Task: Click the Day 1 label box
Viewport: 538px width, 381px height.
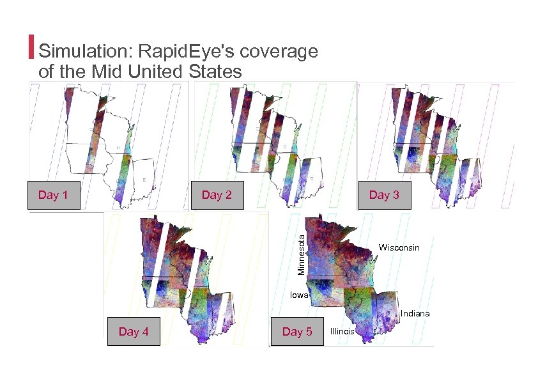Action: pyautogui.click(x=53, y=196)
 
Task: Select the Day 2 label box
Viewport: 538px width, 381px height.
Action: pyautogui.click(x=217, y=196)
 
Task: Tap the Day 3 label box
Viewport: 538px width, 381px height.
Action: pyautogui.click(x=384, y=196)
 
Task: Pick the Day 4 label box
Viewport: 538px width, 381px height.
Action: pyautogui.click(x=133, y=331)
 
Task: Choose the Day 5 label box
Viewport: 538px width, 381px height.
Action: pyautogui.click(x=297, y=331)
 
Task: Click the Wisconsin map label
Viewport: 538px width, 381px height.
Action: pyautogui.click(x=399, y=247)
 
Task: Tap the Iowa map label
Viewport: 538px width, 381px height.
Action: pyautogui.click(x=299, y=295)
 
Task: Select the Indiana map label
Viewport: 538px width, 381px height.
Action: pyautogui.click(x=415, y=314)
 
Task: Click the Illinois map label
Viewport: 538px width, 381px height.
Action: pyautogui.click(x=342, y=331)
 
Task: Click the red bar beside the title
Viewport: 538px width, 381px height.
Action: pyautogui.click(x=32, y=45)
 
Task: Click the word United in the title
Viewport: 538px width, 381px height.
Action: pyautogui.click(x=156, y=72)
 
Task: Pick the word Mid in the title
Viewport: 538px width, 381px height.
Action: pyautogui.click(x=109, y=72)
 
